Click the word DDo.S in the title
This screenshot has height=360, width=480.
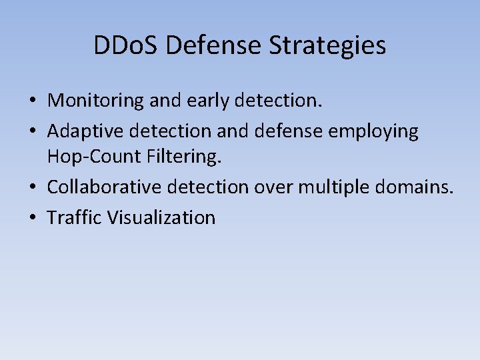click(x=127, y=45)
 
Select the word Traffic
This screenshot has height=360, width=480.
click(x=73, y=217)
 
